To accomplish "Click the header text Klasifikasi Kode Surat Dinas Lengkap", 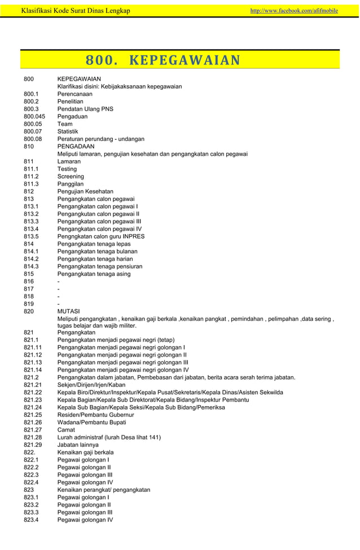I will [75, 10].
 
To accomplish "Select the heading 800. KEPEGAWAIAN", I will [163, 60].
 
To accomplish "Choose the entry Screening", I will [72, 177].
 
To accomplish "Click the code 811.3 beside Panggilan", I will [31, 184].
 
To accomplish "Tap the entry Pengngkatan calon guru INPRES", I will [101, 237].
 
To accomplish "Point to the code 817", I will [29, 289].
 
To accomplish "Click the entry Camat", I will [67, 430].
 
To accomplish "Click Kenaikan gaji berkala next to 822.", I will [85, 452].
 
